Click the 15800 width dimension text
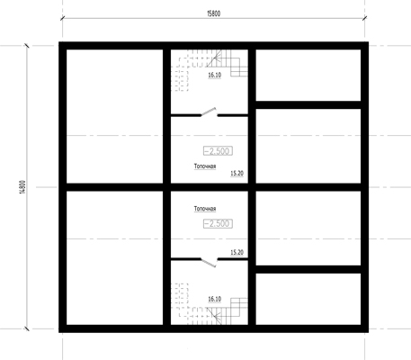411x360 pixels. [x=214, y=13]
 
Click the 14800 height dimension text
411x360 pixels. [x=23, y=187]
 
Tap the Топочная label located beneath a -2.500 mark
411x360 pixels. [x=205, y=166]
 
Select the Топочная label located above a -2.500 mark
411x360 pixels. [x=205, y=209]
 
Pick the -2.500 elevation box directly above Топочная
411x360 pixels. [x=218, y=151]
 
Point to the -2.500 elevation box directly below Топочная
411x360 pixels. [x=218, y=223]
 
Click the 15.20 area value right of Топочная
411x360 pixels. [x=237, y=174]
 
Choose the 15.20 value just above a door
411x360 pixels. [x=237, y=253]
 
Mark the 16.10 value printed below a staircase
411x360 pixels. [x=215, y=75]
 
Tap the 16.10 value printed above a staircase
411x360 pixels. [x=215, y=299]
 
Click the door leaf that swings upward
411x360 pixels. [x=209, y=112]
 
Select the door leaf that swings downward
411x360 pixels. [x=209, y=263]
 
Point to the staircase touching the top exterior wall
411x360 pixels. [x=210, y=70]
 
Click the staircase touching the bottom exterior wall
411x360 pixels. [x=210, y=304]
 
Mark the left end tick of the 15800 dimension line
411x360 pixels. [x=62, y=18]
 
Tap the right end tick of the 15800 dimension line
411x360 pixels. [x=364, y=18]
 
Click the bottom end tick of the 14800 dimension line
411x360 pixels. [x=27, y=328]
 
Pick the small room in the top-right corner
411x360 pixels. [x=308, y=76]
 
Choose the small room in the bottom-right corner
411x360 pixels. [x=308, y=299]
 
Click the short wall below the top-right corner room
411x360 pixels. [x=308, y=105]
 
